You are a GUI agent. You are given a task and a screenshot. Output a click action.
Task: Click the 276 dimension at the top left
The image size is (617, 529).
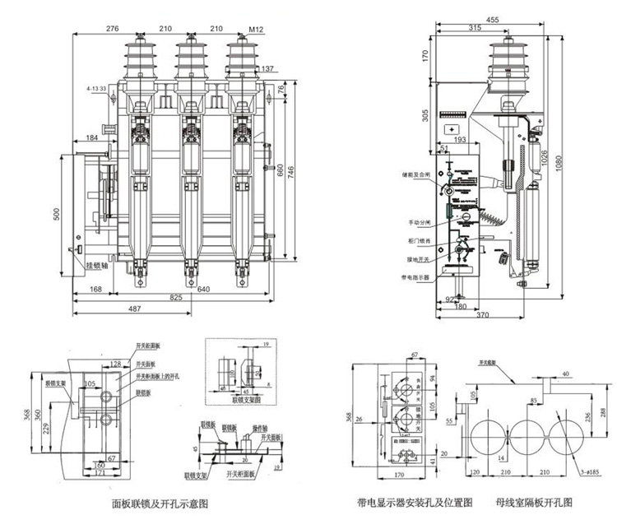click(x=112, y=29)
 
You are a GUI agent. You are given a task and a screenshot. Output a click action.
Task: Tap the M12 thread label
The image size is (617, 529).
click(x=256, y=29)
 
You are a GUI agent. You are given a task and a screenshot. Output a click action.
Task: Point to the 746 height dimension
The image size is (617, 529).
click(x=290, y=168)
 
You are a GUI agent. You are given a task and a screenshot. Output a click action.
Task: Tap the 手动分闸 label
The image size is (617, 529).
click(x=421, y=222)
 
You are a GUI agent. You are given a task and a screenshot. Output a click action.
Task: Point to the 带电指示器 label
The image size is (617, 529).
click(x=420, y=277)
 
